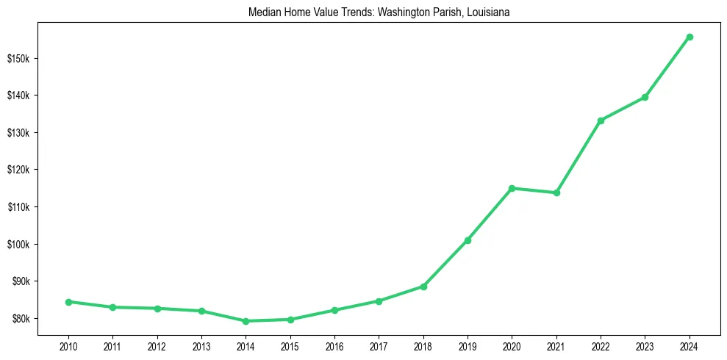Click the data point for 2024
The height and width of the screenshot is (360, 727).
[x=690, y=37]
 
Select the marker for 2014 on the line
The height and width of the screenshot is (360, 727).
[x=246, y=321]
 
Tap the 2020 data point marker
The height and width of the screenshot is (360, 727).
[x=512, y=188]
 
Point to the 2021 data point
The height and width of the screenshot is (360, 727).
[x=556, y=192]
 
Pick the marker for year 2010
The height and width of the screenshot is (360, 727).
[x=68, y=302]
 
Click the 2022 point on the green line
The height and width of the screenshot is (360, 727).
[x=601, y=120]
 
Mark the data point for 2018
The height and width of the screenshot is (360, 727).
[x=423, y=287]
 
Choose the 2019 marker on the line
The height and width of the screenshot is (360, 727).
[x=468, y=240]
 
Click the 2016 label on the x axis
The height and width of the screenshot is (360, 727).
[x=334, y=346]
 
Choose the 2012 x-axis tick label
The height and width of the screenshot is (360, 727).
[x=157, y=346]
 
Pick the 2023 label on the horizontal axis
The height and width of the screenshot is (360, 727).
[x=645, y=346]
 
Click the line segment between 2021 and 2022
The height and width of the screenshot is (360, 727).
[x=579, y=156]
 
